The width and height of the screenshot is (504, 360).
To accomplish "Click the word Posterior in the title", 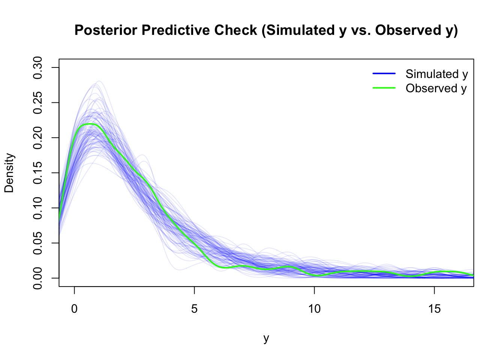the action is click(x=106, y=30).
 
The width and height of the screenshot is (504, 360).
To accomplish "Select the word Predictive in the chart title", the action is click(x=177, y=30).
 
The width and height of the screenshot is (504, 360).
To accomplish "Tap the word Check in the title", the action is click(x=235, y=30).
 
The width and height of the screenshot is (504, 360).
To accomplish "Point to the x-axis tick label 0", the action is click(x=74, y=309).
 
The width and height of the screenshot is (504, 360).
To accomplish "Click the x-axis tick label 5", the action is click(x=194, y=309).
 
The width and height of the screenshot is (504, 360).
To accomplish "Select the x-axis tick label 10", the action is click(x=314, y=309).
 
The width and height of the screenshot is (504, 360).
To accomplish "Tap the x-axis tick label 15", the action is click(x=434, y=309).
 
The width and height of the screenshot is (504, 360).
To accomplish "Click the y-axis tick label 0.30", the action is click(x=37, y=67).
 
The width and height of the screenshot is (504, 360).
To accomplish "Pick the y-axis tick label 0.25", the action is click(x=37, y=103).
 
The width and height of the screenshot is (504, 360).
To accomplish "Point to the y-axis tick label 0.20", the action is click(x=37, y=138).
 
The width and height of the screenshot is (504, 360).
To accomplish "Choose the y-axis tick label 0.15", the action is click(x=37, y=173).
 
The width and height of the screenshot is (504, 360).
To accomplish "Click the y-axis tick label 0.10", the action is click(x=37, y=208).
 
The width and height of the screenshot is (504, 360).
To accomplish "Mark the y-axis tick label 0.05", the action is click(x=37, y=243).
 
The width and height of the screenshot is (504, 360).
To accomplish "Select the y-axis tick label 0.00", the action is click(x=37, y=278).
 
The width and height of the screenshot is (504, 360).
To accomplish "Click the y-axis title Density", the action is click(x=9, y=173).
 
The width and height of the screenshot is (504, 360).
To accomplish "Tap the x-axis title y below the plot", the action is click(x=266, y=338).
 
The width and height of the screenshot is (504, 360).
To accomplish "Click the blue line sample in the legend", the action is click(x=384, y=73).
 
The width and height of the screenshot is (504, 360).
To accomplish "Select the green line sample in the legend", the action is click(x=384, y=88).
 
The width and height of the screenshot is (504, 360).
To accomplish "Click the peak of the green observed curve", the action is click(x=90, y=124).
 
